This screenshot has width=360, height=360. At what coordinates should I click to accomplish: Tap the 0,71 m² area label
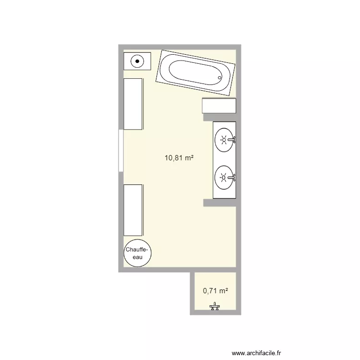pyautogui.click(x=215, y=290)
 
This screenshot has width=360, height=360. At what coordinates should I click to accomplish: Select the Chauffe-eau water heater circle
pyautogui.click(x=138, y=253)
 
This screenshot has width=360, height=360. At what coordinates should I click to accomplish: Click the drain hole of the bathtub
pyautogui.click(x=220, y=78)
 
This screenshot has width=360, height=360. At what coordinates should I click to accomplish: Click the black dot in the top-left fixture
pyautogui.click(x=138, y=61)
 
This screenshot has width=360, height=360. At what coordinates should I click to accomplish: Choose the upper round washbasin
pyautogui.click(x=224, y=140)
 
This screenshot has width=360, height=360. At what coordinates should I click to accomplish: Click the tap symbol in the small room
pyautogui.click(x=215, y=307)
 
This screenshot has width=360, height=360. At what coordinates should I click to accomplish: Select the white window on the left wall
pyautogui.click(x=120, y=150)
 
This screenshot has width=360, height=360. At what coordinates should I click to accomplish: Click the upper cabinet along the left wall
pyautogui.click(x=133, y=104)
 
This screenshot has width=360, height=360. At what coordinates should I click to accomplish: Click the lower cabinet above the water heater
pyautogui.click(x=133, y=209)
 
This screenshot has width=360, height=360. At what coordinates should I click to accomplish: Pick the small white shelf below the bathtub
pyautogui.click(x=219, y=106)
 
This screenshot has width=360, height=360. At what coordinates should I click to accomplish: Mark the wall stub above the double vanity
pyautogui.click(x=219, y=117)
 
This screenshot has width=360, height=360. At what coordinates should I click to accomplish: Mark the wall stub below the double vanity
pyautogui.click(x=219, y=204)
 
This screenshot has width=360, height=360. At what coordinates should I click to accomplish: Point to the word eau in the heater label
pyautogui.click(x=138, y=257)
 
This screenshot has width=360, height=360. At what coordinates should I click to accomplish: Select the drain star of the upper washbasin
pyautogui.click(x=223, y=140)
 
